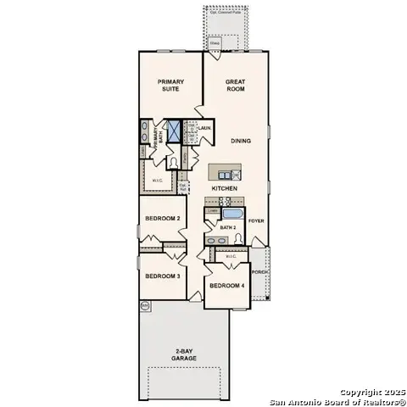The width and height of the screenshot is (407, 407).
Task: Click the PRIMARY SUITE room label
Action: (x=170, y=86)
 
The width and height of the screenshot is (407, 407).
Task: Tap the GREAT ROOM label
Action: (x=235, y=86)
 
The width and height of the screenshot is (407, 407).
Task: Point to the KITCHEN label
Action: (x=224, y=188)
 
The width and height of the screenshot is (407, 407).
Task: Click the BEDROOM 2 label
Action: (x=162, y=219)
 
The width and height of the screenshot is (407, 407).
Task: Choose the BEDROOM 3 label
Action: (x=162, y=276)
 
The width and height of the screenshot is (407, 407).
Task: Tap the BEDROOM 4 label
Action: (x=226, y=286)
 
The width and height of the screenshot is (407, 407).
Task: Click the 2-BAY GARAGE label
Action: (x=183, y=354)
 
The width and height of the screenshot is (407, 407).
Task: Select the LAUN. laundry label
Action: (x=204, y=128)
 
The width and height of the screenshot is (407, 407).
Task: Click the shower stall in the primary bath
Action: (x=175, y=132)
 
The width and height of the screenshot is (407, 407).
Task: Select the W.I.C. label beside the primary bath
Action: (x=157, y=180)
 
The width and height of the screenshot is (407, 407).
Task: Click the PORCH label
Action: (x=259, y=273)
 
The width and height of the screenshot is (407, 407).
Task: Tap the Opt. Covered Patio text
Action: (x=225, y=12)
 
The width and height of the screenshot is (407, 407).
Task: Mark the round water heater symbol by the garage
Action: (x=145, y=304)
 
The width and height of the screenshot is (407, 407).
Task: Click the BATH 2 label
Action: (x=227, y=228)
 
